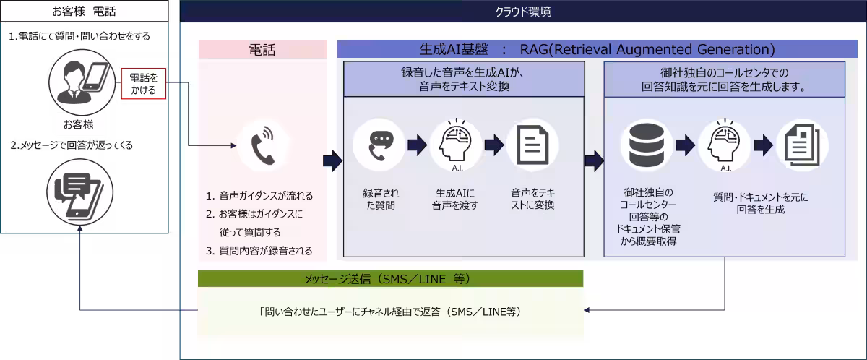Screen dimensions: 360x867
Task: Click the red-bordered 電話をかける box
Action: click(143, 83)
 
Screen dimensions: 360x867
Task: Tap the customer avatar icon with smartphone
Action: click(82, 81)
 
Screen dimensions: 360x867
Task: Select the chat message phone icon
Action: click(80, 192)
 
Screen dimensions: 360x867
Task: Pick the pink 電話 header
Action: click(262, 49)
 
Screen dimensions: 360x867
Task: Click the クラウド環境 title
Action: click(523, 12)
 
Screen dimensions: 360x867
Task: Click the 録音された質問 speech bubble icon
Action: click(379, 145)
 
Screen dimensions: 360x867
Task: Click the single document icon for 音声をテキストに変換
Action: click(532, 145)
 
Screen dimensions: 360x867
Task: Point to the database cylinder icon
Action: click(646, 145)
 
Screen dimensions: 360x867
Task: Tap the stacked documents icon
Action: click(801, 145)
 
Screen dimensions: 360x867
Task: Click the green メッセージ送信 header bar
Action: click(390, 279)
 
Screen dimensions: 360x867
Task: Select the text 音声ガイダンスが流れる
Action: click(265, 196)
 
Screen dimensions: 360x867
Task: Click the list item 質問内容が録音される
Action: click(265, 251)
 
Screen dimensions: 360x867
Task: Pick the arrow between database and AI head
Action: click(685, 145)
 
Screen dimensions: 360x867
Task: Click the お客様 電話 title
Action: click(84, 12)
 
